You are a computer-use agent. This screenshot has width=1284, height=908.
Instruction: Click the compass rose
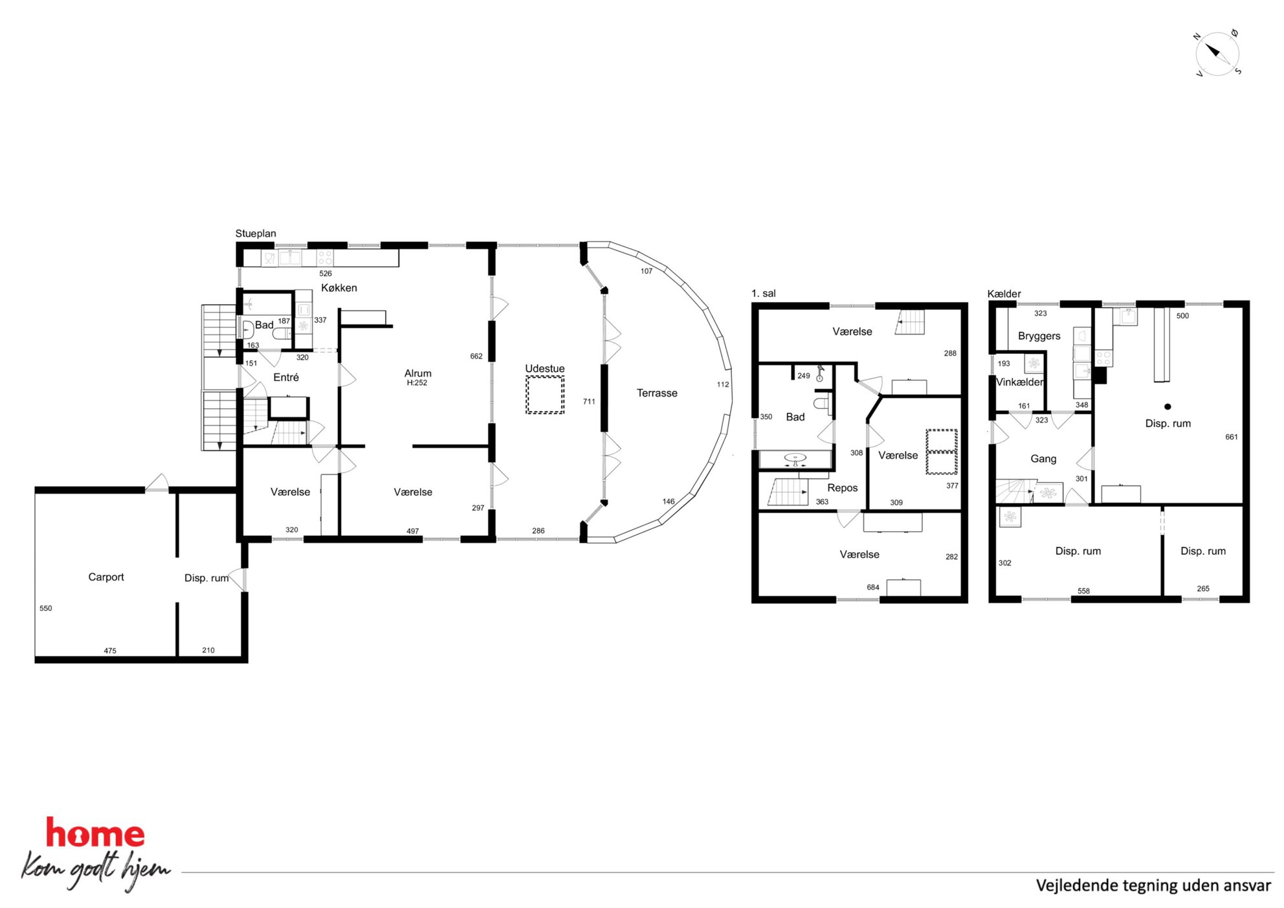pyautogui.click(x=1217, y=54)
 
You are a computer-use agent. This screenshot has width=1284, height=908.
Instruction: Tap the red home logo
pyautogui.click(x=95, y=834)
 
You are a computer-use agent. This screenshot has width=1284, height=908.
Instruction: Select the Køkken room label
pyautogui.click(x=339, y=288)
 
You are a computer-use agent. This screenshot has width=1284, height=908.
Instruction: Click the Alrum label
pyautogui.click(x=418, y=373)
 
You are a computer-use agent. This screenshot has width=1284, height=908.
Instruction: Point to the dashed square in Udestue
pyautogui.click(x=545, y=394)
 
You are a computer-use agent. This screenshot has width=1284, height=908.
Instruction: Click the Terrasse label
pyautogui.click(x=657, y=393)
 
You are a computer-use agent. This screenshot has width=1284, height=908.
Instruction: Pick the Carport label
pyautogui.click(x=106, y=577)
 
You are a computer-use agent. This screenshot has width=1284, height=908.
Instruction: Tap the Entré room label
pyautogui.click(x=286, y=377)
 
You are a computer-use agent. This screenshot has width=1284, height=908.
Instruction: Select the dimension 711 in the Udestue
pyautogui.click(x=589, y=402)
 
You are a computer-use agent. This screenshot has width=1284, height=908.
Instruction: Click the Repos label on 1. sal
pyautogui.click(x=843, y=488)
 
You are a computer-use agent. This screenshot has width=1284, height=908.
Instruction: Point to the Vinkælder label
pyautogui.click(x=1020, y=382)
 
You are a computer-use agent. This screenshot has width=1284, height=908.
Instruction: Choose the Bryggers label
pyautogui.click(x=1039, y=336)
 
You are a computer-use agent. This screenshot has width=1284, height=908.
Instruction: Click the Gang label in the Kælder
pyautogui.click(x=1043, y=458)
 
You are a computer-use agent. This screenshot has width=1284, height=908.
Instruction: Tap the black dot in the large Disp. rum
pyautogui.click(x=1168, y=406)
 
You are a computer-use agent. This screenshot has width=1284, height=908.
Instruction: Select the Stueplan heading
pyautogui.click(x=256, y=234)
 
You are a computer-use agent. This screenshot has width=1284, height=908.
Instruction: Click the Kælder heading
pyautogui.click(x=1004, y=294)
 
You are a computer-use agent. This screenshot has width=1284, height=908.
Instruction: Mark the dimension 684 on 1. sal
pyautogui.click(x=873, y=588)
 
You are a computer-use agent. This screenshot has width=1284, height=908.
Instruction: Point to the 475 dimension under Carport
pyautogui.click(x=110, y=651)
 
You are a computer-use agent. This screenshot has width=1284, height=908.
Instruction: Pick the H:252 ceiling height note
pyautogui.click(x=417, y=383)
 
